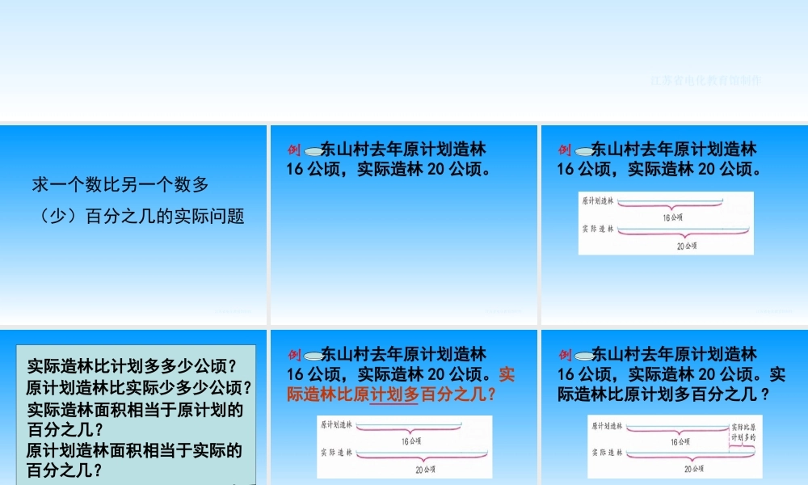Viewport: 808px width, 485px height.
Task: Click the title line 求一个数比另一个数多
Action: pyautogui.click(x=120, y=185)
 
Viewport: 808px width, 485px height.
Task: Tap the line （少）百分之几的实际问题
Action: pyautogui.click(x=138, y=217)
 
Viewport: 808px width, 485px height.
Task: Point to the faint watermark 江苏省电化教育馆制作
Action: pyautogui.click(x=705, y=81)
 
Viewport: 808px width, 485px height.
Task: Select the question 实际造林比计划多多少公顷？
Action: pyautogui.click(x=132, y=365)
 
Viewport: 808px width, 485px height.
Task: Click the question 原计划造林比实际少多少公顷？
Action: pyautogui.click(x=139, y=387)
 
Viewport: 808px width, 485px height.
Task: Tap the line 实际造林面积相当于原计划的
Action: pyautogui.click(x=135, y=409)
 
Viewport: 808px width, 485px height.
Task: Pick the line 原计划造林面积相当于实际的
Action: pyautogui.click(x=135, y=450)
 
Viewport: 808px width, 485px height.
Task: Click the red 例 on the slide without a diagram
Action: pyautogui.click(x=294, y=150)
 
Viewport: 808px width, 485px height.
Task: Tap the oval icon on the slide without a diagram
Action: pyautogui.click(x=314, y=150)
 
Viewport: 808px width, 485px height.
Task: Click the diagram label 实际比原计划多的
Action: pyautogui.click(x=743, y=430)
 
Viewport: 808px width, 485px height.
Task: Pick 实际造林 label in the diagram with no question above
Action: pyautogui.click(x=598, y=230)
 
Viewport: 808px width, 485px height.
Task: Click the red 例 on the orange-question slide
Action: pyautogui.click(x=294, y=354)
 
